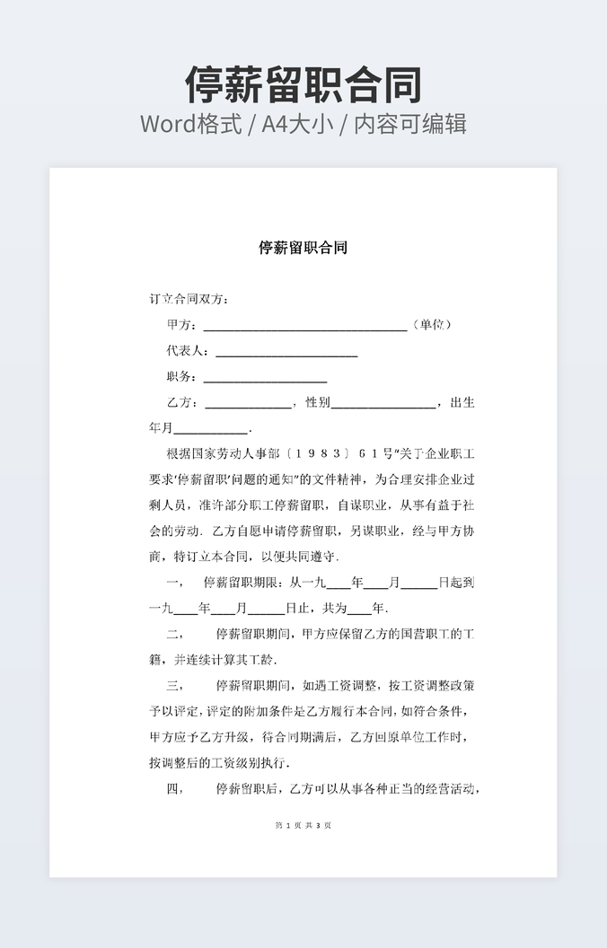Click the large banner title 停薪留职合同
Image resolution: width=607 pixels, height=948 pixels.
(x=303, y=85)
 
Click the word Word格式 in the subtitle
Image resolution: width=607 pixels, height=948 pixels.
(x=191, y=124)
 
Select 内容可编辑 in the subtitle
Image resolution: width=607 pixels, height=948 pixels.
(x=410, y=124)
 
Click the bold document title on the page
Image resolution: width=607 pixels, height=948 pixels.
(x=303, y=248)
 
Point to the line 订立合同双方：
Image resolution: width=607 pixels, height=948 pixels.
(x=189, y=298)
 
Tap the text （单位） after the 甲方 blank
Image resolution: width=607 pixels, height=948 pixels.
(x=432, y=324)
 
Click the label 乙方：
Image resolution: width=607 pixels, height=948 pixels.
(x=181, y=403)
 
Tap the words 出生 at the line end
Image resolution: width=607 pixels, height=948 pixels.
(x=462, y=403)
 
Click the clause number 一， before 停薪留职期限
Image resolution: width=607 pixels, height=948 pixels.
(x=175, y=583)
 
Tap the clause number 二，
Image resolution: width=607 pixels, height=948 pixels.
(x=175, y=635)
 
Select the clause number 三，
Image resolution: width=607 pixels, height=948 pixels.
(x=175, y=686)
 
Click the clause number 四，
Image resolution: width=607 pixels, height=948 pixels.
(x=175, y=790)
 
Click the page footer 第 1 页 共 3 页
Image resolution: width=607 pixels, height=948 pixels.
(x=303, y=825)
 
